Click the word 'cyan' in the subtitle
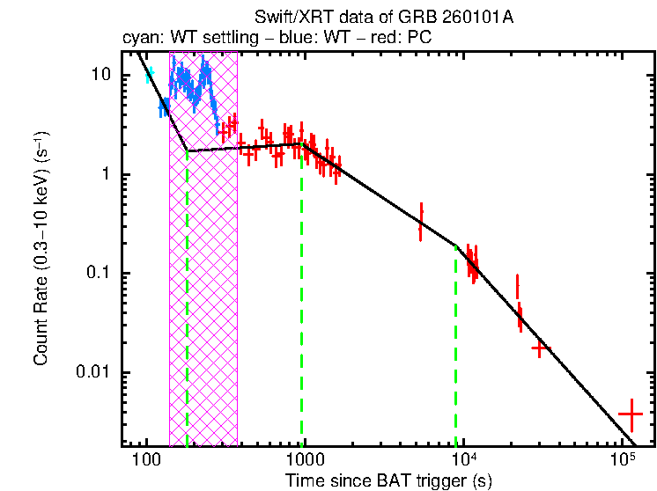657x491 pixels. pos(137,39)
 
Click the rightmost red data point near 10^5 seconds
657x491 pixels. pos(631,413)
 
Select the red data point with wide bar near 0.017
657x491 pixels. pos(540,348)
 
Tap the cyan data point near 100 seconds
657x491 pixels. pos(150,76)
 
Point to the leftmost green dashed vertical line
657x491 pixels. pos(188,299)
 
